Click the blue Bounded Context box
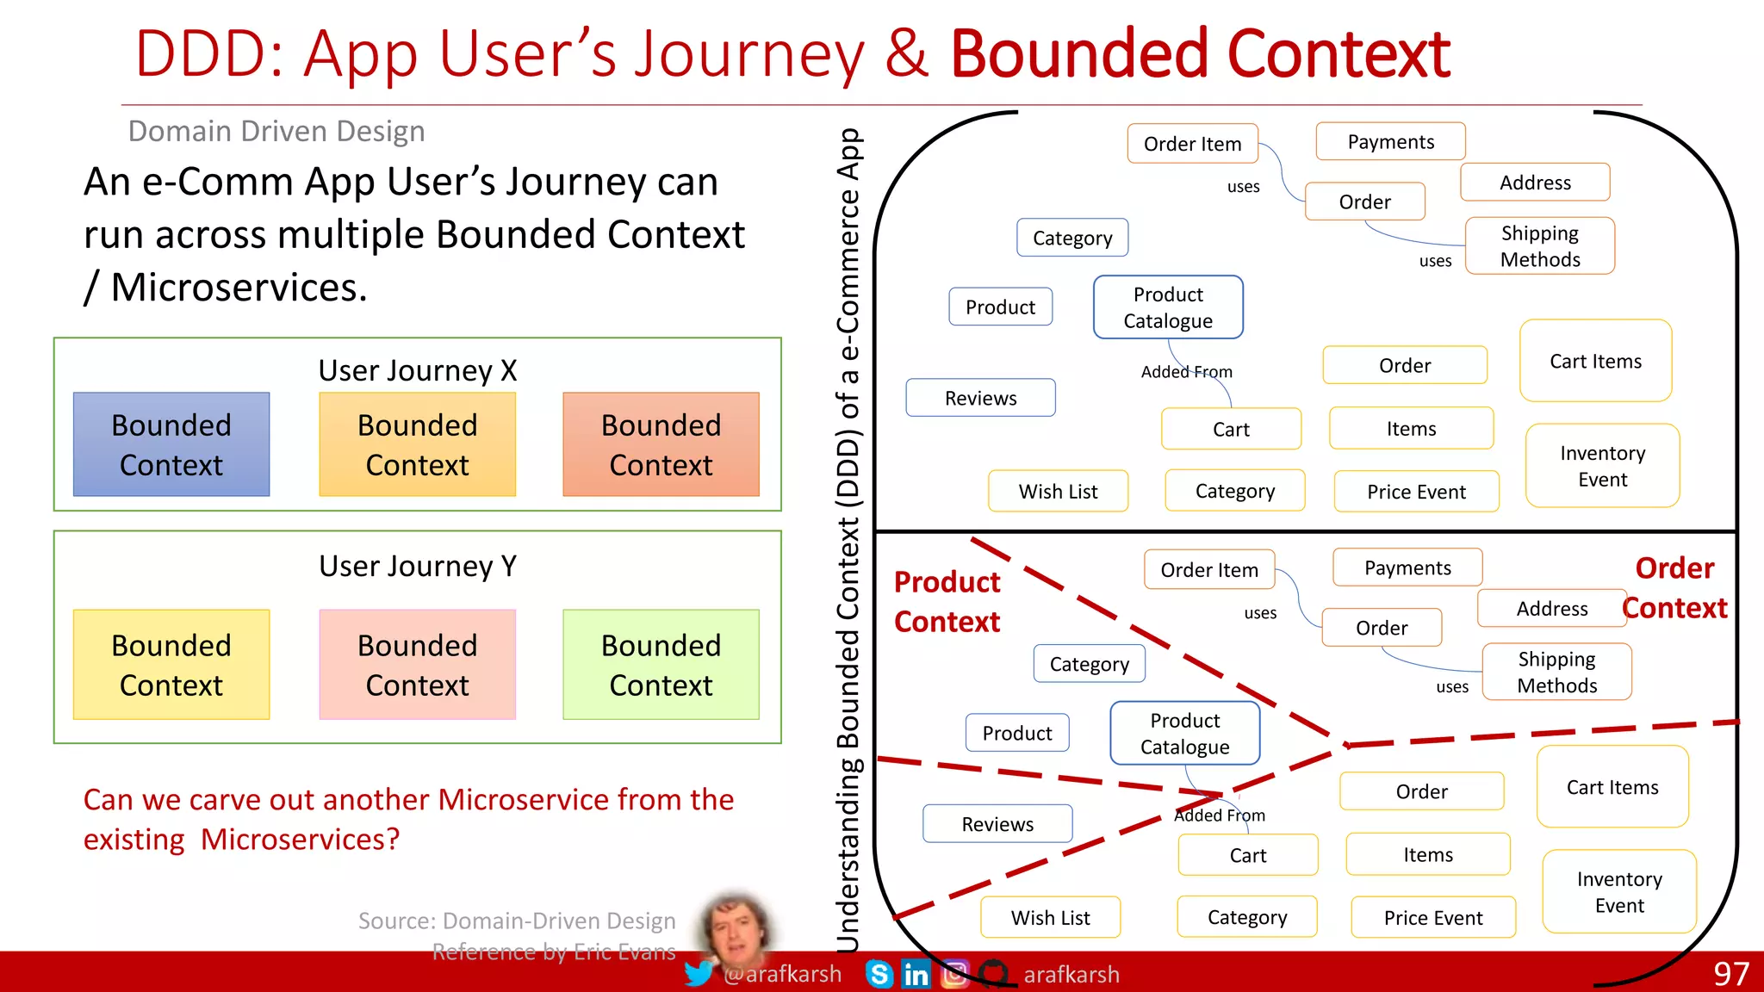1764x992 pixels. pyautogui.click(x=171, y=444)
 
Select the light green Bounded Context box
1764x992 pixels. pyautogui.click(x=661, y=664)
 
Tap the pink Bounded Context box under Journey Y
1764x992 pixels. pyautogui.click(x=417, y=664)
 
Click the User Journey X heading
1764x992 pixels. pyautogui.click(x=417, y=370)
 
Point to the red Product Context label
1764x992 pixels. pyautogui.click(x=947, y=602)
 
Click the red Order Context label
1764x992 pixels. pyautogui.click(x=1674, y=588)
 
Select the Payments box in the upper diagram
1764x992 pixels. pyautogui.click(x=1390, y=142)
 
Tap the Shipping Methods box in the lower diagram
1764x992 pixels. pyautogui.click(x=1556, y=672)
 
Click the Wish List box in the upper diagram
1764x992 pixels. pyautogui.click(x=1058, y=492)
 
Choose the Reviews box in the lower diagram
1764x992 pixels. pyautogui.click(x=997, y=824)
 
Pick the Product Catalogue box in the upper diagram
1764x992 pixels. pyautogui.click(x=1168, y=307)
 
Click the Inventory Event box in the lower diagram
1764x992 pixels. pyautogui.click(x=1619, y=892)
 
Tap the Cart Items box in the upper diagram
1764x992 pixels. pyautogui.click(x=1595, y=362)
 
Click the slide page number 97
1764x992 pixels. pyautogui.click(x=1730, y=974)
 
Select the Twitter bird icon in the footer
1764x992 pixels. pyautogui.click(x=699, y=974)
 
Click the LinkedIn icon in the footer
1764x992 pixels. pyautogui.click(x=916, y=974)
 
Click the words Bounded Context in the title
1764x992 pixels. pyautogui.click(x=1200, y=54)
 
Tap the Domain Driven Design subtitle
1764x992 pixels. pyautogui.click(x=276, y=131)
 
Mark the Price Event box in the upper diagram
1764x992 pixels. pyautogui.click(x=1416, y=492)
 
